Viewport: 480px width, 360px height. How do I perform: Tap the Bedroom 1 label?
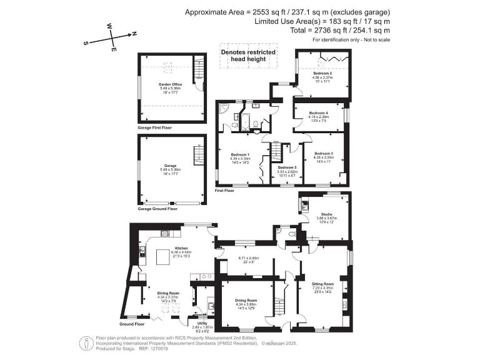240,154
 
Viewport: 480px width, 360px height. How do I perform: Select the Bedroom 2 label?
322,74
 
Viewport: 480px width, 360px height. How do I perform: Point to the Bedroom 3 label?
323,154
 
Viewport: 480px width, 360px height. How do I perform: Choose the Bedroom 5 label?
287,167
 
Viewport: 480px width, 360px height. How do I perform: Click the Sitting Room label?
323,284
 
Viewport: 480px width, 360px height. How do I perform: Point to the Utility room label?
202,323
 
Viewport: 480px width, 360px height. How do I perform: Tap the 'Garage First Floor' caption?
154,127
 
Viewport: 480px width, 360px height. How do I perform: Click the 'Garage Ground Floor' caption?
157,209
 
